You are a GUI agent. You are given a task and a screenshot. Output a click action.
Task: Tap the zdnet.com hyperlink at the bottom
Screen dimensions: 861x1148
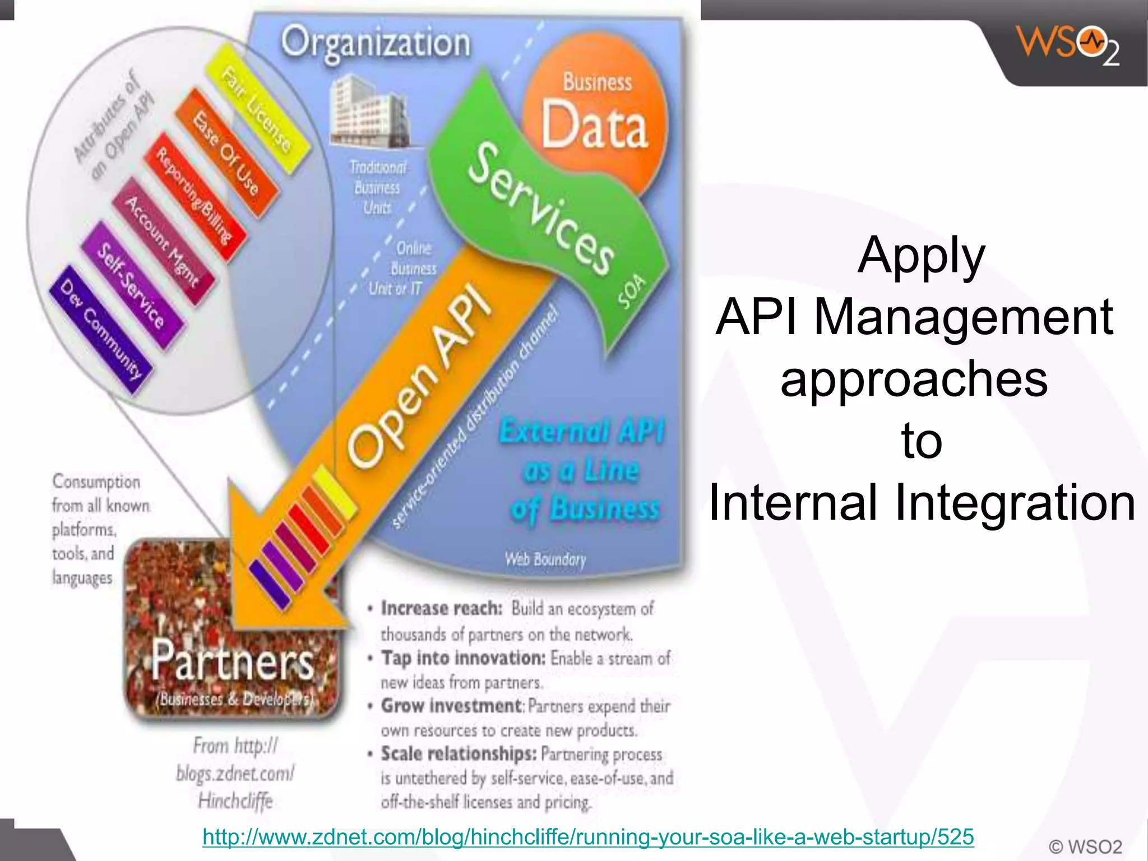(588, 837)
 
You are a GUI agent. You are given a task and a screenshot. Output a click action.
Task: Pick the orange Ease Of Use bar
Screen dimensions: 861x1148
(226, 152)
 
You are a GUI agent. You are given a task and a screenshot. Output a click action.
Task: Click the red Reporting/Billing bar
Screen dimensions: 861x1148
(194, 196)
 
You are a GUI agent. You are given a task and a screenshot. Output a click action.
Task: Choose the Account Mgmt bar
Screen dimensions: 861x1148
(162, 242)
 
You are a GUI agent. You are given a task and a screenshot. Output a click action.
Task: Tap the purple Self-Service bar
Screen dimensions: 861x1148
(131, 286)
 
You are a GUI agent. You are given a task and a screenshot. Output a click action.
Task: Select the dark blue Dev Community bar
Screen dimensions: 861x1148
(101, 331)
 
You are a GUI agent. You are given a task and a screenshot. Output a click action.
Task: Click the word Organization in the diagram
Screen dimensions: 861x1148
(376, 43)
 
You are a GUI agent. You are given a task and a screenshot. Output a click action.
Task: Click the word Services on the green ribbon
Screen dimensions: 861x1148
(540, 210)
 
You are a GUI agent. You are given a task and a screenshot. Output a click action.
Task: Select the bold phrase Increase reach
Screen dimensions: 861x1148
(441, 608)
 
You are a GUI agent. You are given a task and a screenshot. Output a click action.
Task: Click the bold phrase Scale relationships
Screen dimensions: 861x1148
(459, 754)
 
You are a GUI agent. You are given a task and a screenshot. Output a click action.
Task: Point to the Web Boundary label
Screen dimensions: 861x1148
(545, 559)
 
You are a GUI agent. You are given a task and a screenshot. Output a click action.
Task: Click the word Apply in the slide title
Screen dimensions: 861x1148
(921, 256)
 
